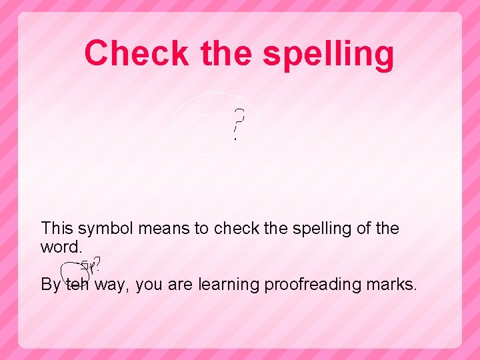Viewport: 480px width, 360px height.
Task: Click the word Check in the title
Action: click(137, 53)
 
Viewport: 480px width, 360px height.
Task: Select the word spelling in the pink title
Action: click(329, 54)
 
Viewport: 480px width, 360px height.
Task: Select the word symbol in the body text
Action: click(109, 228)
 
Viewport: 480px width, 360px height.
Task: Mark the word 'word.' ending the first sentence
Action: click(62, 247)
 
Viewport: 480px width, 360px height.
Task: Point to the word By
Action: click(51, 285)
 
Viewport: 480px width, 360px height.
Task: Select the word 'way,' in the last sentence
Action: click(114, 285)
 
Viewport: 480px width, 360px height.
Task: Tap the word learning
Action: click(229, 285)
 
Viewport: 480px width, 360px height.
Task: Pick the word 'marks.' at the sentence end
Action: click(395, 285)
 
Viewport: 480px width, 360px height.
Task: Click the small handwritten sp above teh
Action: click(87, 266)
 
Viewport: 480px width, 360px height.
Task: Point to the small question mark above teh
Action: click(98, 264)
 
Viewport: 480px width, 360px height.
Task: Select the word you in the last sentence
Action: click(150, 285)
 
